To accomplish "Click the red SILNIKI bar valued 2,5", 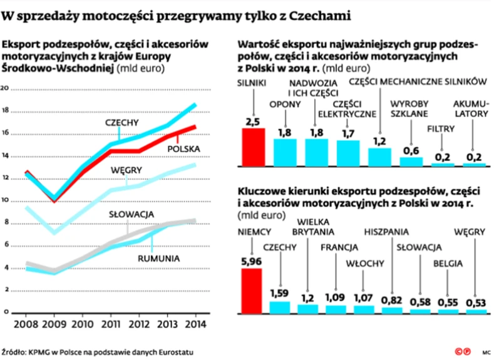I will click(253, 147).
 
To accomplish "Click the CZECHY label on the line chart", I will click(121, 123).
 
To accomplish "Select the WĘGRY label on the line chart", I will click(126, 170).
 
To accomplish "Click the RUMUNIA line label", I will click(159, 258).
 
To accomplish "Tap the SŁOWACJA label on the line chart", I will click(131, 215).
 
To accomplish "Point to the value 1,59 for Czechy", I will click(280, 293).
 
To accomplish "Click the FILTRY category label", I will click(441, 130).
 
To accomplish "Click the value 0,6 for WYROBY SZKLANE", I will click(411, 150).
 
